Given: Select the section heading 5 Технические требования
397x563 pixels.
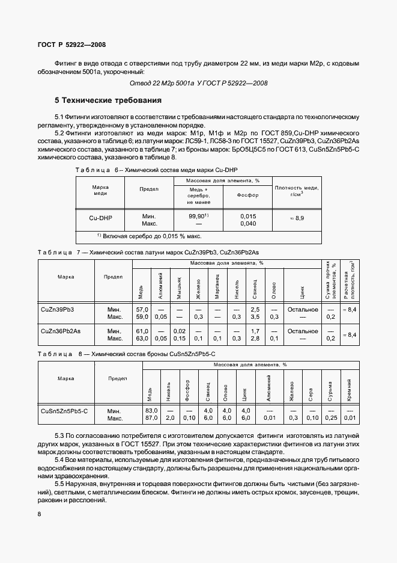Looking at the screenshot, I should [109, 100].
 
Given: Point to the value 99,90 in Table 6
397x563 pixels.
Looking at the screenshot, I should [198, 216].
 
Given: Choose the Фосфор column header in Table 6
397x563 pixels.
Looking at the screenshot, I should [248, 195].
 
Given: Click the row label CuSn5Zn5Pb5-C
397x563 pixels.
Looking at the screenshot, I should [64, 410].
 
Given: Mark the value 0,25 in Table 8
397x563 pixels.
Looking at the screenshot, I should [330, 417].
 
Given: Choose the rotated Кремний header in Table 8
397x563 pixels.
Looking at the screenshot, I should [349, 390].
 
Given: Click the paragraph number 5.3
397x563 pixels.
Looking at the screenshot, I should [61, 434].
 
